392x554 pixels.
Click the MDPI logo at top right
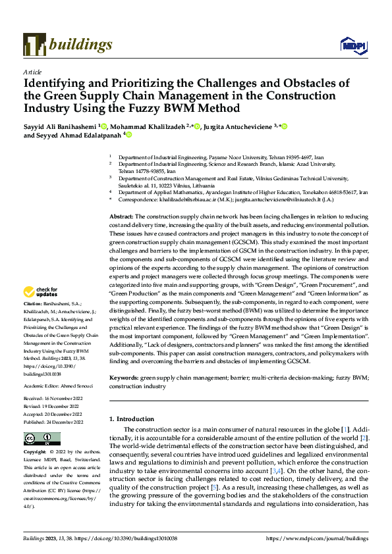352,45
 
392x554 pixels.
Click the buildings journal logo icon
34,44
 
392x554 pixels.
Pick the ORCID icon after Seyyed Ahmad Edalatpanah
129,135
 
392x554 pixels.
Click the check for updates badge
42,291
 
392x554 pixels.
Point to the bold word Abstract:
121,216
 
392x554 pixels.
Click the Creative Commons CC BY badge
42,439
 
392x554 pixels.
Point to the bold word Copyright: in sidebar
36,453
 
